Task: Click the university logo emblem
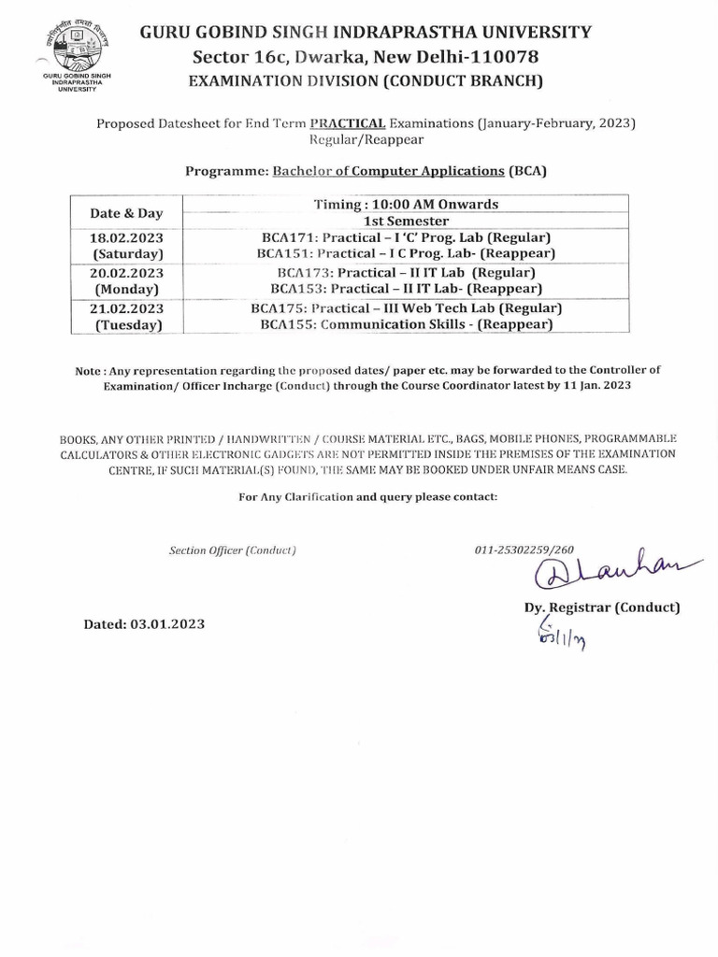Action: tap(75, 46)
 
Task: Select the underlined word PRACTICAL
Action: tap(348, 122)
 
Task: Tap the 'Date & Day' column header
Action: tap(126, 213)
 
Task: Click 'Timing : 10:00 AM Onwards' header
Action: tap(406, 204)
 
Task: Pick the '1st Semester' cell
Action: tap(406, 221)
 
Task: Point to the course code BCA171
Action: tap(289, 237)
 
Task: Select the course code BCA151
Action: tap(285, 253)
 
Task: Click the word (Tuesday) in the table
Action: tap(128, 325)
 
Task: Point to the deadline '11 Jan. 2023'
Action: tap(594, 385)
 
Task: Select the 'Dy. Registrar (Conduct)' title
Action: tap(601, 607)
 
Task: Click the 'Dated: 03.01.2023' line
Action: tap(144, 623)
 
